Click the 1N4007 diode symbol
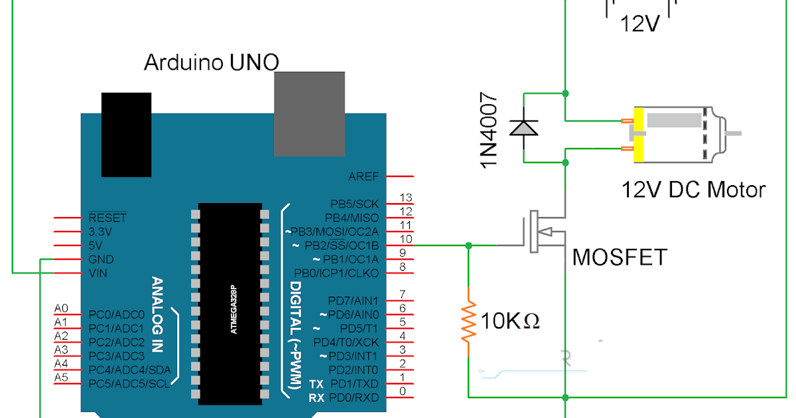523,126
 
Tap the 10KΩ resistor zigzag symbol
468,321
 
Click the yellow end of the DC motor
639,135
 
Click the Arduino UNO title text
212,63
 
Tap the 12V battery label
640,25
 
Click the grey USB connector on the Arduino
310,114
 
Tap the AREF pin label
364,176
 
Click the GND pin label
101,259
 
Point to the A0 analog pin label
61,309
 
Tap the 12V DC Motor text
693,190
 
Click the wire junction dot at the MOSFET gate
468,245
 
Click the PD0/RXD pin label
357,397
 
